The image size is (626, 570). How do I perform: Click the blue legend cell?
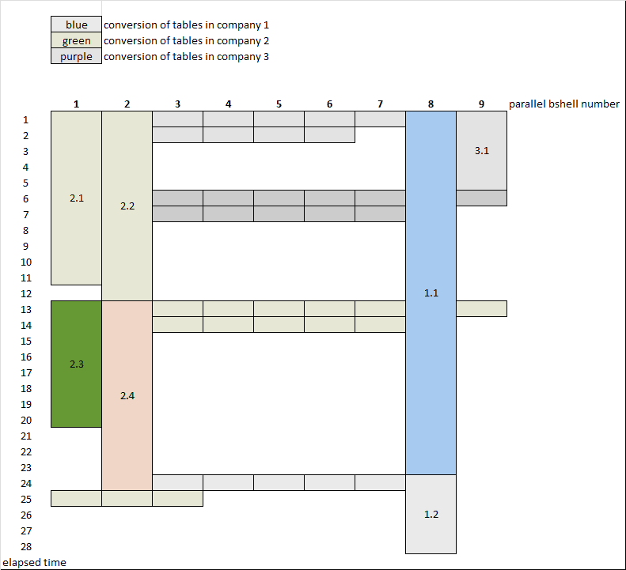pos(77,25)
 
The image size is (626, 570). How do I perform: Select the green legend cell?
pos(77,40)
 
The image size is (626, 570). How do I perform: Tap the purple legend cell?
pos(77,56)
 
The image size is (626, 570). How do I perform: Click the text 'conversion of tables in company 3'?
pos(186,56)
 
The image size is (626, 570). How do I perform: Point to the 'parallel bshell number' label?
pos(563,104)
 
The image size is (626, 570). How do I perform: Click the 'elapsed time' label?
pos(34,562)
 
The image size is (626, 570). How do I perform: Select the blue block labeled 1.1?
pos(431,293)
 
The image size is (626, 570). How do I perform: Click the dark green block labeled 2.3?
pos(76,364)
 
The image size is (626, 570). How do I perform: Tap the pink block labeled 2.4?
pos(127,395)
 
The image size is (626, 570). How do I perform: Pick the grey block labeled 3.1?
pos(481,150)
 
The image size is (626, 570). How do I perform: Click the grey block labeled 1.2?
pos(431,514)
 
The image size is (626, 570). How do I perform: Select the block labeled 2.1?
pos(76,198)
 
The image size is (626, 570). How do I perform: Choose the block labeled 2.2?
pos(127,206)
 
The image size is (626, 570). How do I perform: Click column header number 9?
pos(481,104)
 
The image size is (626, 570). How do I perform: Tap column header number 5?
pos(279,104)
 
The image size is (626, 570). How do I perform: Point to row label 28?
pos(25,546)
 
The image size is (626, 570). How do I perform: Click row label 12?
pos(25,293)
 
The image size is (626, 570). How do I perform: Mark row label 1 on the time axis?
pos(25,119)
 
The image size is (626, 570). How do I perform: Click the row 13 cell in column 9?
pos(481,308)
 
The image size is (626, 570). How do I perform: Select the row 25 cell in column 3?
pos(177,498)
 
